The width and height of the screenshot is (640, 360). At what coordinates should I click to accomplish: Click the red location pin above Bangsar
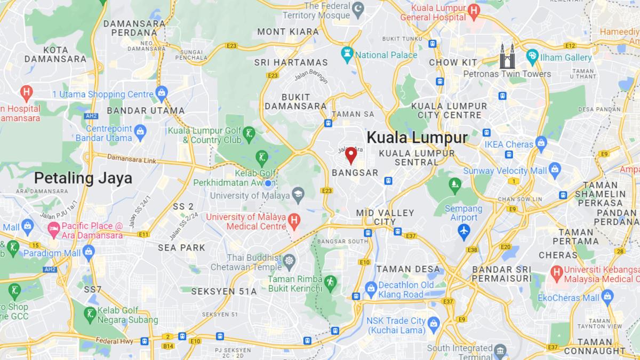click(x=351, y=155)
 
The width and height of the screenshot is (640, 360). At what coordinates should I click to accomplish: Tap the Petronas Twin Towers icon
click(x=507, y=57)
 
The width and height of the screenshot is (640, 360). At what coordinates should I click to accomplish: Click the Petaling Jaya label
click(x=83, y=178)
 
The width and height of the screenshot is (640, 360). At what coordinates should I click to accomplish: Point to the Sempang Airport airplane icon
click(x=463, y=231)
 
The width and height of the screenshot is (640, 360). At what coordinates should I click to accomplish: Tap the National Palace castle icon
click(x=348, y=54)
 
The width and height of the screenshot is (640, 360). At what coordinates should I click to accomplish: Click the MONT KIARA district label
click(x=288, y=31)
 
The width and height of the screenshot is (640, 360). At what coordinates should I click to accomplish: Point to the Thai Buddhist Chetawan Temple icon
click(x=289, y=261)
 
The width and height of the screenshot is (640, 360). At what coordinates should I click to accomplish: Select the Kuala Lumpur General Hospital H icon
click(x=473, y=10)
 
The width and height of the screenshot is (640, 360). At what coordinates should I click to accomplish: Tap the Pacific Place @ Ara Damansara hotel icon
click(x=53, y=230)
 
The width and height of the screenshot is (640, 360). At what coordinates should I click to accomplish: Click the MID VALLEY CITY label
click(x=385, y=217)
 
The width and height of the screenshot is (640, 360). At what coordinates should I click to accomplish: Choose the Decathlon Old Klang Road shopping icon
click(x=371, y=289)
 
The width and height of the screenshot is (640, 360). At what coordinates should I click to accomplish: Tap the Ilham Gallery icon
click(x=532, y=57)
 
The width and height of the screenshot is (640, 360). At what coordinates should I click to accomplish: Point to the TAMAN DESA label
click(x=409, y=269)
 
